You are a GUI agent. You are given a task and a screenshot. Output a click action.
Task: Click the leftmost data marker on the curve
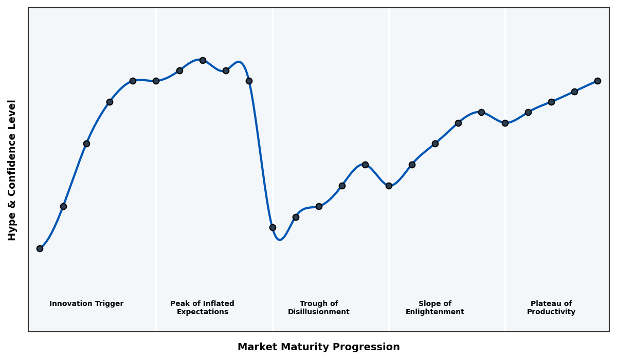40,248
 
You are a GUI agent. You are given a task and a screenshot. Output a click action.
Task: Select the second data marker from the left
63,206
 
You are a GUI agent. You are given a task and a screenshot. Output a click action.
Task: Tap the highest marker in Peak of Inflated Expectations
203,60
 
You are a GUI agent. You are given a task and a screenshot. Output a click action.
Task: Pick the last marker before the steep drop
249,81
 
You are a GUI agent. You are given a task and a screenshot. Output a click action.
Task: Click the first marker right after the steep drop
273,227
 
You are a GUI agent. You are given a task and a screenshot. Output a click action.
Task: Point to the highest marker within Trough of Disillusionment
365,165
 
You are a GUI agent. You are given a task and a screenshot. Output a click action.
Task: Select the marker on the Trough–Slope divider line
389,186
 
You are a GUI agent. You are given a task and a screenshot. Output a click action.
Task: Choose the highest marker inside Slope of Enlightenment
481,112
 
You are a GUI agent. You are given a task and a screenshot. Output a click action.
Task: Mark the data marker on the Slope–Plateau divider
505,123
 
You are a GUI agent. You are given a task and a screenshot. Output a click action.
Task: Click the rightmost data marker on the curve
597,81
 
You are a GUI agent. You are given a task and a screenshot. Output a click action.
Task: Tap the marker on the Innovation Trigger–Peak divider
156,81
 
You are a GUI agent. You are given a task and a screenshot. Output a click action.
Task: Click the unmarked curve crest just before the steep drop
239,62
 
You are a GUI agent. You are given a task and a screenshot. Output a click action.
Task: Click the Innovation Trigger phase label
86,304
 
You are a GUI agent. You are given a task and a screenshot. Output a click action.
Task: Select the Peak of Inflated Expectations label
202,308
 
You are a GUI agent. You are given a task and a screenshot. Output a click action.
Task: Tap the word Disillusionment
319,312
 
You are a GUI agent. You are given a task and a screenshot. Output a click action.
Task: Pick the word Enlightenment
435,312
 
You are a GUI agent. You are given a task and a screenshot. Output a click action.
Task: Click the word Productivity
551,312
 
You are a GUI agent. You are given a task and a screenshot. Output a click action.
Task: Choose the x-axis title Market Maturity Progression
318,347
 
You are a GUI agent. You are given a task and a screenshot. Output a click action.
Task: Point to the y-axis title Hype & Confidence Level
12,170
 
